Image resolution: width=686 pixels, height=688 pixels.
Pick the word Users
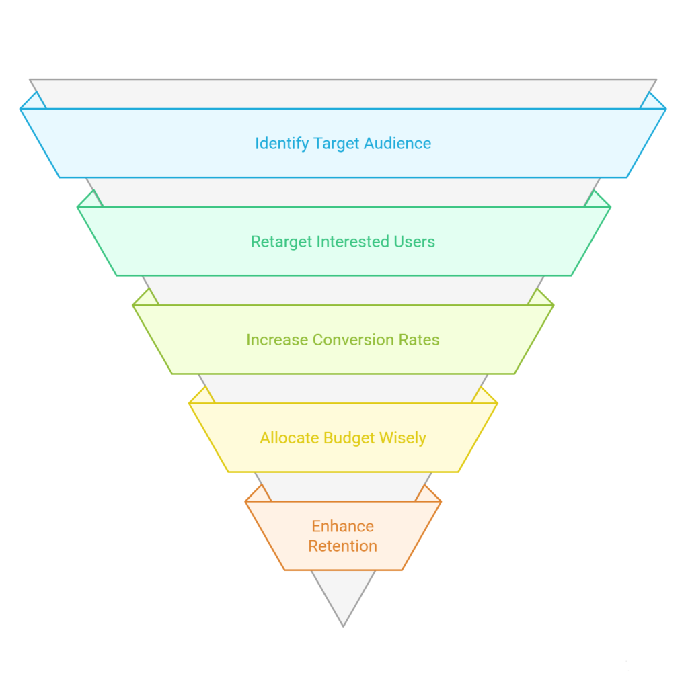point(416,242)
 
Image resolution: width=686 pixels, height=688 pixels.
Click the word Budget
point(349,438)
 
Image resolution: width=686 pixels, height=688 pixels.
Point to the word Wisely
point(403,438)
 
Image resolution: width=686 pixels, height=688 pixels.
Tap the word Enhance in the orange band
point(343,526)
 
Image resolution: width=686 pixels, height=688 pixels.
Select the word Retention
point(343,546)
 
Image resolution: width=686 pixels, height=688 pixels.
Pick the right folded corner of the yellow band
point(484,396)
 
